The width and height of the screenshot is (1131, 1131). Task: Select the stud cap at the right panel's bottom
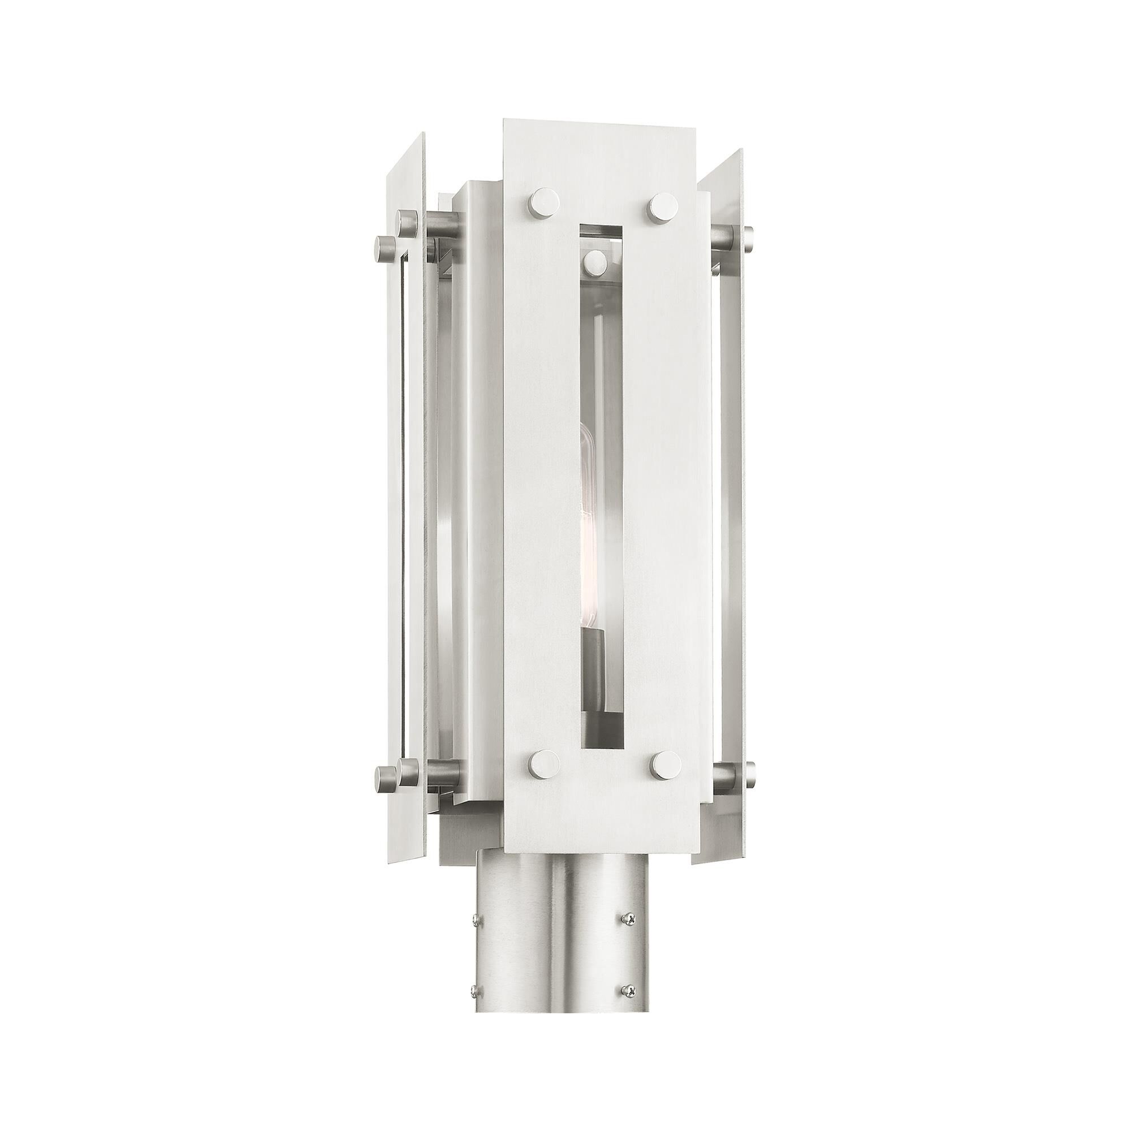pyautogui.click(x=750, y=772)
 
